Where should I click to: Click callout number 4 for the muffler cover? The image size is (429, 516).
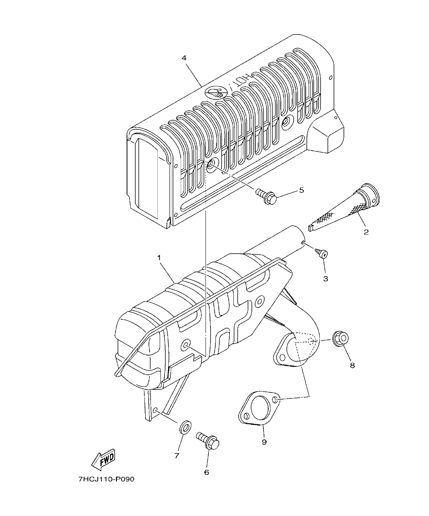[x=184, y=58]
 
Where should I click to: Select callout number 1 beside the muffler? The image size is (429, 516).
[x=159, y=258]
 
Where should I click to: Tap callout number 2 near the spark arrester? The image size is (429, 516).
[x=366, y=232]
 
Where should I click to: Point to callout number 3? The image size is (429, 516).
[x=325, y=279]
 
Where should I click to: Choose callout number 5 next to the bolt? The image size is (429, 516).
[x=301, y=190]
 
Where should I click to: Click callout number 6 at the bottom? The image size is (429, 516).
[x=207, y=472]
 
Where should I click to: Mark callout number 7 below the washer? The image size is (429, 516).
[x=177, y=456]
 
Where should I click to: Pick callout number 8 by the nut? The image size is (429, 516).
[x=352, y=366]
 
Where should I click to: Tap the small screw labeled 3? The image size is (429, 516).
[x=321, y=252]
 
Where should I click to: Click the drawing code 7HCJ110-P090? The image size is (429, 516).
[x=107, y=479]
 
